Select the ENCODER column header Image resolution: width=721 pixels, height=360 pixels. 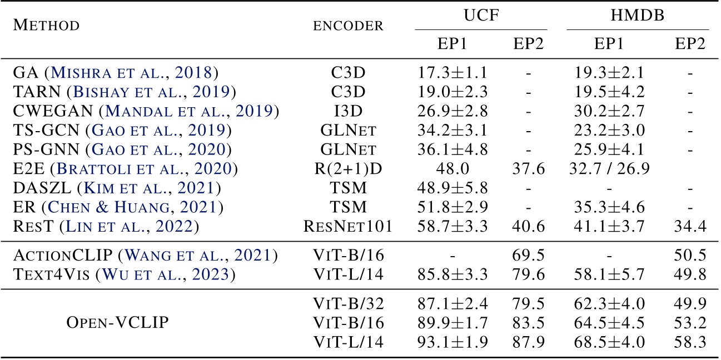[x=348, y=26]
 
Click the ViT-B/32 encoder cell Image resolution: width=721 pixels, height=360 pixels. [x=348, y=303]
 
